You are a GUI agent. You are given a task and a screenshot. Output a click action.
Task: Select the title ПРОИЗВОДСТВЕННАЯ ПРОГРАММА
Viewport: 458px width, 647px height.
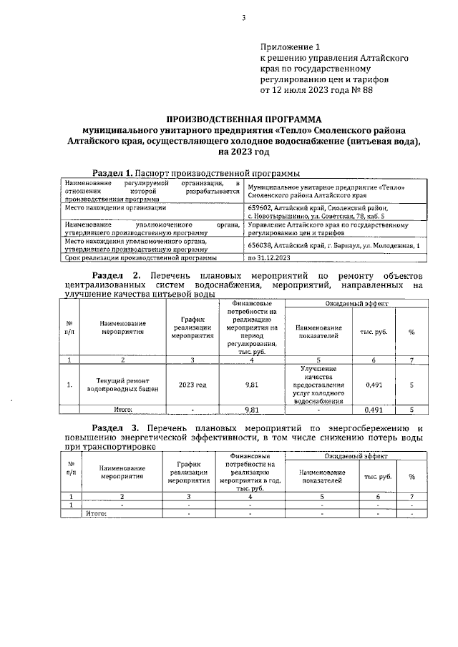click(x=244, y=118)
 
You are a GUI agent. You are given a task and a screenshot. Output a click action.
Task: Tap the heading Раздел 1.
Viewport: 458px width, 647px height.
click(x=114, y=172)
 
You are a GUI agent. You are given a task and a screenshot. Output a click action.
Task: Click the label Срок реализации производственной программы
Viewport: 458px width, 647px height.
click(x=136, y=257)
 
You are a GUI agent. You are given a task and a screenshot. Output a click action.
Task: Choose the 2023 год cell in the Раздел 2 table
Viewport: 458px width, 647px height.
click(x=193, y=385)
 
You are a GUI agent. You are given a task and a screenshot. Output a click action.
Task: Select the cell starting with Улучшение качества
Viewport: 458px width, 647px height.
click(x=319, y=385)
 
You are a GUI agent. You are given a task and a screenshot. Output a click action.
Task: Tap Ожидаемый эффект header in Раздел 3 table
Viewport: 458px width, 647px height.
click(x=356, y=455)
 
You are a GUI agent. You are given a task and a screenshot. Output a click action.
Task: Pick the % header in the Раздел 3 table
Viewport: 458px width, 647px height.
click(x=411, y=476)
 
